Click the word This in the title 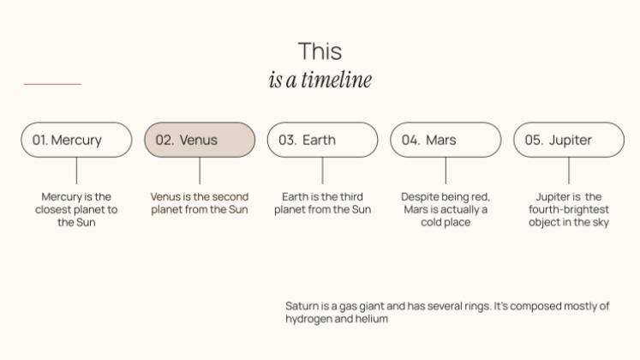pyautogui.click(x=320, y=51)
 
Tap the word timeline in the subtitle pyautogui.click(x=337, y=79)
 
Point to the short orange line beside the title pyautogui.click(x=52, y=84)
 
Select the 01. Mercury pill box pyautogui.click(x=77, y=140)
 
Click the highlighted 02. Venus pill pyautogui.click(x=200, y=140)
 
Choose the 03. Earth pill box pyautogui.click(x=322, y=140)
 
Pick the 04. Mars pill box pyautogui.click(x=446, y=140)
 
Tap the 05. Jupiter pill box pyautogui.click(x=569, y=140)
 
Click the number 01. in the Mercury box pyautogui.click(x=40, y=140)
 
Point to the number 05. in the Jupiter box pyautogui.click(x=534, y=140)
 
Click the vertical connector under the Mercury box pyautogui.click(x=76, y=171)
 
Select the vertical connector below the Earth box pyautogui.click(x=322, y=171)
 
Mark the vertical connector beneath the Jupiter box pyautogui.click(x=569, y=171)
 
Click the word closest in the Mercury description pyautogui.click(x=53, y=209)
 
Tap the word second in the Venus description pyautogui.click(x=230, y=197)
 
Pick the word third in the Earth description pyautogui.click(x=351, y=197)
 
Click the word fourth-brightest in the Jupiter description pyautogui.click(x=569, y=210)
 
